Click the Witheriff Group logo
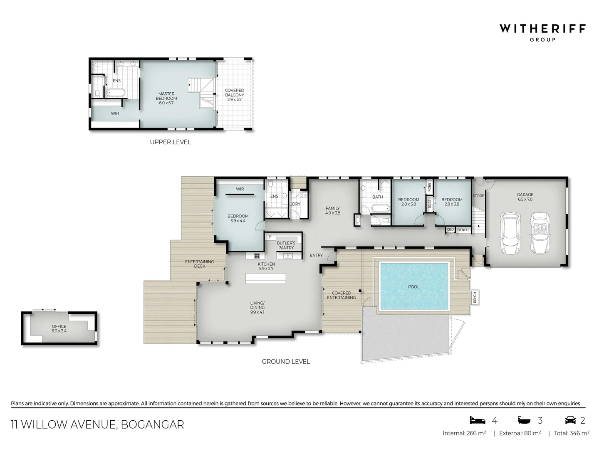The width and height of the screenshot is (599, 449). click(542, 32)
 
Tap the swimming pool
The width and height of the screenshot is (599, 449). click(413, 286)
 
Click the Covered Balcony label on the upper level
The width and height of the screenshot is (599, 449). click(235, 95)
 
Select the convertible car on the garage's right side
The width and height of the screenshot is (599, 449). click(540, 233)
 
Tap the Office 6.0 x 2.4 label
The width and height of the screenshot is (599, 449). click(59, 329)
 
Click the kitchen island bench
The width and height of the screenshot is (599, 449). click(266, 278)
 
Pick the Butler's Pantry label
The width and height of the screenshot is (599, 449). click(286, 245)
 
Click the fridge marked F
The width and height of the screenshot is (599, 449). click(270, 237)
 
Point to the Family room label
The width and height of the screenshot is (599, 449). click(332, 211)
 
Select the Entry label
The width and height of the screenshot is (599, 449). click(316, 255)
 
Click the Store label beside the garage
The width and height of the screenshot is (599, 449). click(478, 196)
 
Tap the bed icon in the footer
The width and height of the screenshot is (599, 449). click(478, 420)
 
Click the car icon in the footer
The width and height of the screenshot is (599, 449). click(570, 420)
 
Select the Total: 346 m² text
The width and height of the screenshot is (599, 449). click(571, 433)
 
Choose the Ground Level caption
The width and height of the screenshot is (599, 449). click(286, 362)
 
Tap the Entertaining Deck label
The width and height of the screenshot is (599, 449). click(200, 264)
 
